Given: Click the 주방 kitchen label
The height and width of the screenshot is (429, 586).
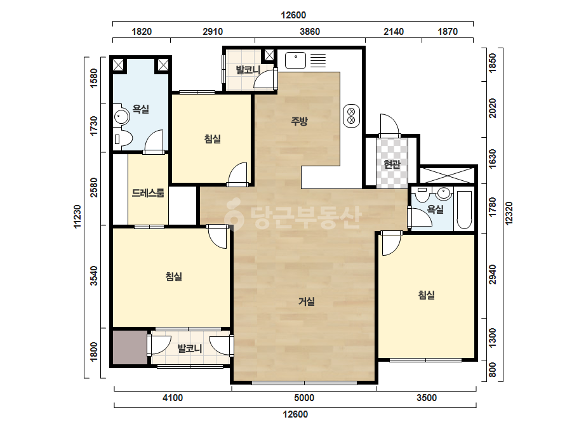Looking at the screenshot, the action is tap(299, 121).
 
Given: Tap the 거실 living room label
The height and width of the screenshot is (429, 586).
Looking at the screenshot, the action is tap(307, 301).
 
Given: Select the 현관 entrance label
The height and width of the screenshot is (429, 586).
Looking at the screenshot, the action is tap(392, 164).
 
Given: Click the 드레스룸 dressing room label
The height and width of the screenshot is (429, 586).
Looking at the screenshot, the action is tap(148, 193).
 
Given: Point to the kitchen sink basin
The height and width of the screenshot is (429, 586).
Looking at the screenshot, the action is tap(295, 60).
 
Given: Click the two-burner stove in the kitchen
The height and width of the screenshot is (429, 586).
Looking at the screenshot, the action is tap(351, 116).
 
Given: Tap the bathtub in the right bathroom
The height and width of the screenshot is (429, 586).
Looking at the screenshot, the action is tap(464, 211).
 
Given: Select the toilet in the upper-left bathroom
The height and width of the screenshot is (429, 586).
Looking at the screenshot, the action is tap(123, 140).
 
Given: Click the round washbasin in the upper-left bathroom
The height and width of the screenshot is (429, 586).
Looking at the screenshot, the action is tap(121, 117).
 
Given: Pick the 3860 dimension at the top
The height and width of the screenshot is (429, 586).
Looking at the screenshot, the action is tap(310, 32).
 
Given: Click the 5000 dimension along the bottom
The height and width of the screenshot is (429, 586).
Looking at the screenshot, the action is tap(304, 398).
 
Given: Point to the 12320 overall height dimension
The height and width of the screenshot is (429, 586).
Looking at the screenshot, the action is tap(509, 213).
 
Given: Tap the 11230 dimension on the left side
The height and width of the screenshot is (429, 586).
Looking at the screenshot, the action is tap(77, 216).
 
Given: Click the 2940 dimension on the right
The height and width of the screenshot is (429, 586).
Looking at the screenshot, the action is tap(493, 274).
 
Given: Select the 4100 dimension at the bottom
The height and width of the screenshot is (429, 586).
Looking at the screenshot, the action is tap(173, 398).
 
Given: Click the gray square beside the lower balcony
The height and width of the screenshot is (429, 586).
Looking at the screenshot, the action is tap(130, 347).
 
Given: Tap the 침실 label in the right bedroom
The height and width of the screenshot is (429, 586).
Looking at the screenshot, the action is tap(427, 295).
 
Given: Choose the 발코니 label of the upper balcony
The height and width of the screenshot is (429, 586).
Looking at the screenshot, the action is tap(248, 70).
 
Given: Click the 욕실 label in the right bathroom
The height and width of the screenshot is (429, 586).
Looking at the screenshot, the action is tap(436, 209).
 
